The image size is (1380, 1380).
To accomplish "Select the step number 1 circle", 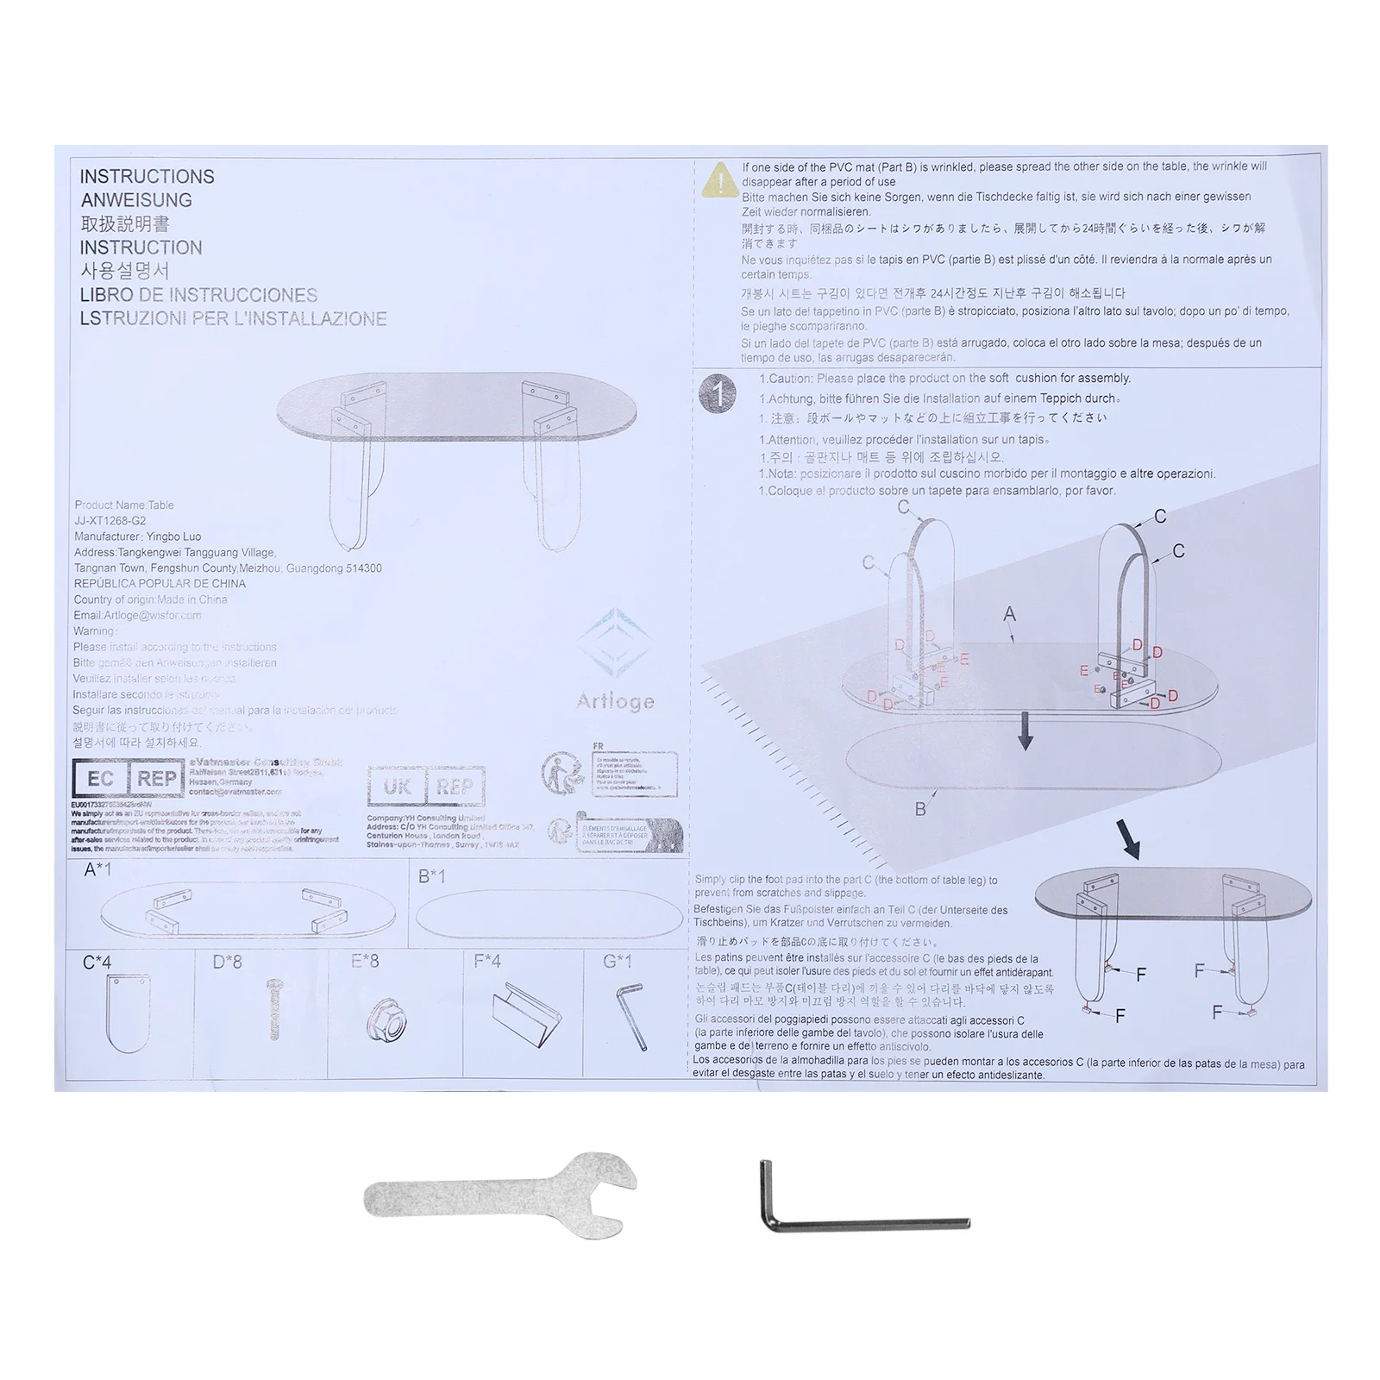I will point(718,394).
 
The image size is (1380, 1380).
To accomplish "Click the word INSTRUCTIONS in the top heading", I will point(147,177).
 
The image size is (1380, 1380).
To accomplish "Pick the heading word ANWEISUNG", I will point(136,200).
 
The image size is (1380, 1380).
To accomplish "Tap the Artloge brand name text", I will point(615,702).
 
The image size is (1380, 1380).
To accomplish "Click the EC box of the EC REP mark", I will point(100,779).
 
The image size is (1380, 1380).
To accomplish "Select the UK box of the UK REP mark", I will point(397,787).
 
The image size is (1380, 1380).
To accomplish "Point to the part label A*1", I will point(97,869).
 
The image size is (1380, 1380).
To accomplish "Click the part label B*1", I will point(431,876).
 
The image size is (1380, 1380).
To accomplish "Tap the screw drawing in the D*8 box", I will point(274,1008).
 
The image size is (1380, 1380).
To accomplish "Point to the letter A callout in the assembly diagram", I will point(1009,614).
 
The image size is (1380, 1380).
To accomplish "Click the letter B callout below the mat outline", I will point(920,809).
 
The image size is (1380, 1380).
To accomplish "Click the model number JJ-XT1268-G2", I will point(110,521).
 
